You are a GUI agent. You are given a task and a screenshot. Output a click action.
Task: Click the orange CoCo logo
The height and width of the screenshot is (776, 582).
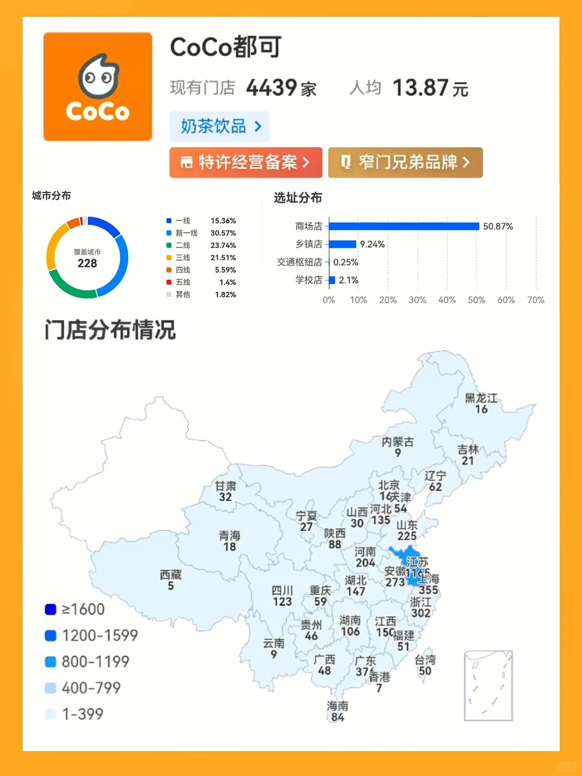coord(98,87)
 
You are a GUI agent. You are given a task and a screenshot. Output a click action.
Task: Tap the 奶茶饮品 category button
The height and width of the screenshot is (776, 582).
coord(219,127)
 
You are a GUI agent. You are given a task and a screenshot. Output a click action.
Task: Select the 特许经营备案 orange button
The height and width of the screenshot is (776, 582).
coord(246,162)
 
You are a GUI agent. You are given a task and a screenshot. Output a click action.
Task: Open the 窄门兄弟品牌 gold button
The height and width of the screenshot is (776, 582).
coord(405,162)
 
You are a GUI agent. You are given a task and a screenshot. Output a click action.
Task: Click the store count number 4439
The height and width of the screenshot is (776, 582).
coord(272,88)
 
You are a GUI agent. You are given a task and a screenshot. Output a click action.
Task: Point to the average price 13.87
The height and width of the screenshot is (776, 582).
coord(420,88)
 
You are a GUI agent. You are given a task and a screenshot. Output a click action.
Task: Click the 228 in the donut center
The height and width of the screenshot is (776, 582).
coord(87,264)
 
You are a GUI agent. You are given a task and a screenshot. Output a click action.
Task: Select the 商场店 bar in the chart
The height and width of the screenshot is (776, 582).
coord(404,226)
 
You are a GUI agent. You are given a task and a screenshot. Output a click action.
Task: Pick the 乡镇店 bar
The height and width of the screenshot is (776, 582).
coord(342,244)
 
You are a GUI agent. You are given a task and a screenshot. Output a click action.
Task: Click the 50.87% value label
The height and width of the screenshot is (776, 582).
coord(498,226)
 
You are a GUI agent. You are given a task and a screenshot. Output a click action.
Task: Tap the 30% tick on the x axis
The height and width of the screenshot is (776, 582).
coord(417,300)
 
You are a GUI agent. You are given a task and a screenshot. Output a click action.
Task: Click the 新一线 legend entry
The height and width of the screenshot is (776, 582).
coord(186,233)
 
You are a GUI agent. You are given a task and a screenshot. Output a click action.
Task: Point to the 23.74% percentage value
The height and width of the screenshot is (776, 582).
coord(223,246)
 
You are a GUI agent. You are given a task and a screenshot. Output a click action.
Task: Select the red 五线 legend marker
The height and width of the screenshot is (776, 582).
coord(169,282)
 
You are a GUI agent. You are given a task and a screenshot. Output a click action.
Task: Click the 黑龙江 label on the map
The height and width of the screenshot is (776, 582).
coord(481,398)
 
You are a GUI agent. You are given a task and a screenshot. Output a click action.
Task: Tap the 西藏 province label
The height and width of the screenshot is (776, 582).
coord(171,575)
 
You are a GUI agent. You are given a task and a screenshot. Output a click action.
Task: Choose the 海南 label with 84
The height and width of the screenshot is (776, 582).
coord(337,706)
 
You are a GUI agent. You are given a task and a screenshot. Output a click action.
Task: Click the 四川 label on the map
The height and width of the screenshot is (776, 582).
coord(282,591)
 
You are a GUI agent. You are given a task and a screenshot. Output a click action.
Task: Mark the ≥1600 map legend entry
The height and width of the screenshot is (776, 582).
coord(75,609)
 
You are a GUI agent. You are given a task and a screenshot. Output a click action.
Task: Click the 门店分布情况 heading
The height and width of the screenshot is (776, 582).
coord(110,330)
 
